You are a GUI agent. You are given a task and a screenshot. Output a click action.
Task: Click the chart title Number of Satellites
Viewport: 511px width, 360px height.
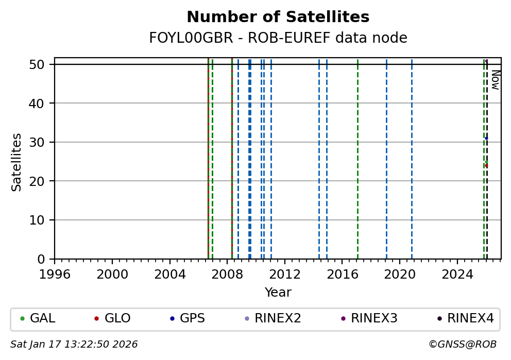click(x=278, y=18)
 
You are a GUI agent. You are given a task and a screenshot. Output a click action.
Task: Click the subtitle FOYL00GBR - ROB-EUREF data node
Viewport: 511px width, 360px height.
click(x=278, y=38)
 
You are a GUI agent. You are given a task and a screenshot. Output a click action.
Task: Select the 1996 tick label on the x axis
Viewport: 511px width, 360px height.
click(x=55, y=274)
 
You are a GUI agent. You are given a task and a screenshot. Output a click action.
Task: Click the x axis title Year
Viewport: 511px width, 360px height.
click(x=278, y=293)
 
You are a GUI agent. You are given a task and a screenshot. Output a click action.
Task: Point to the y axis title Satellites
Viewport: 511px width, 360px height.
click(x=17, y=162)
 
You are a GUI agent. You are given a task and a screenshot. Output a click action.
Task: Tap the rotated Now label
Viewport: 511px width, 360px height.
click(x=495, y=80)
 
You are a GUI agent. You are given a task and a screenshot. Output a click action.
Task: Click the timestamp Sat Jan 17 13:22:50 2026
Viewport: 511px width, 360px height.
click(x=74, y=345)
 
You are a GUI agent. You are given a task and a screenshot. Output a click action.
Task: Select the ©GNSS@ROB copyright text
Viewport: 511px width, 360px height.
click(x=462, y=345)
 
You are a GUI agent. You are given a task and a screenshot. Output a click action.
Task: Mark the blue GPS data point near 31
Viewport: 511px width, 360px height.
click(x=486, y=138)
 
